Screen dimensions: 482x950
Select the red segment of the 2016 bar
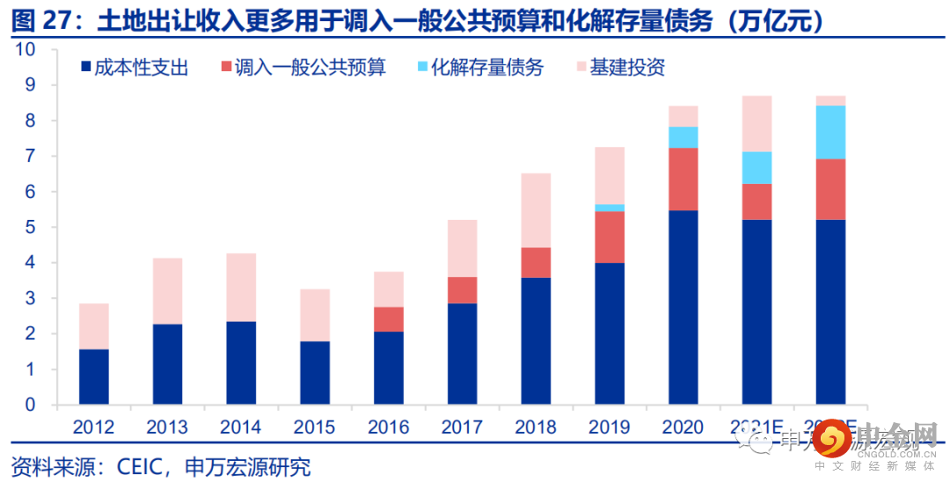(388, 318)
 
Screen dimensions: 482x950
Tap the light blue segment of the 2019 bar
(610, 208)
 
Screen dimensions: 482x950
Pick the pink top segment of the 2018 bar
(536, 210)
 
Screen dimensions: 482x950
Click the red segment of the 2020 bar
(683, 179)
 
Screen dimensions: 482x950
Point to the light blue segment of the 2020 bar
(683, 137)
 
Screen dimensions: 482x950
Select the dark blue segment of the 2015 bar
(314, 373)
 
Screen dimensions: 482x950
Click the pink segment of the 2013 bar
(167, 291)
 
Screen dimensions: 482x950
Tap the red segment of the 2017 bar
(462, 290)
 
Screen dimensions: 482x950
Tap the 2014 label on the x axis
(241, 427)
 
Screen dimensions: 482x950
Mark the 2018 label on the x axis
(536, 427)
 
